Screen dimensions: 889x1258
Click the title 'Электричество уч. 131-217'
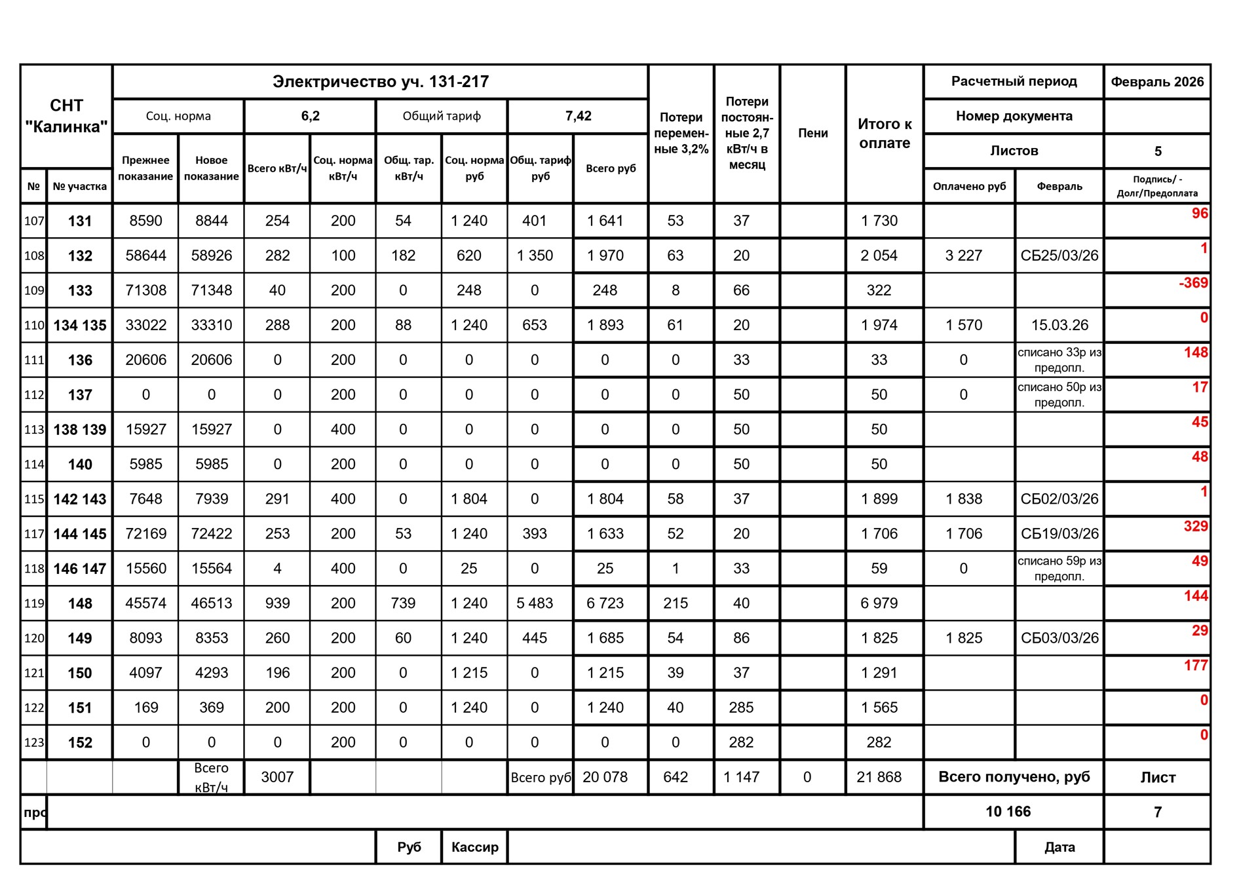380,82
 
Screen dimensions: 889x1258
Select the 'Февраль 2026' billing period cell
1157,82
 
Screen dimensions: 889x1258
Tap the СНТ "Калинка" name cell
66,116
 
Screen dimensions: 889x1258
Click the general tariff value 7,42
578,116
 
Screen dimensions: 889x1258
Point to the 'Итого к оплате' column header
885,134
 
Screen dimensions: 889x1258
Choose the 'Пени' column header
812,133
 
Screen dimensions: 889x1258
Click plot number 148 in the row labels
80,603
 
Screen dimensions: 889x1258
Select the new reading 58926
211,255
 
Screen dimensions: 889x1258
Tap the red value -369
1192,283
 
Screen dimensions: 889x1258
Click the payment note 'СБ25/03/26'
1059,255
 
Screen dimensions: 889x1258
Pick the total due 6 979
879,603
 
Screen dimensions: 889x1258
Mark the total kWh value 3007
277,777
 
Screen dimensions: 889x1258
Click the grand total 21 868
879,777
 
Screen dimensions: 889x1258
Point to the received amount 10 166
1008,812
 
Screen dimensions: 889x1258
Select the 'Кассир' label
474,847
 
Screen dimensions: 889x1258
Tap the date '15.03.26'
1059,325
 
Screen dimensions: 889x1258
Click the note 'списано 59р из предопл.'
1059,569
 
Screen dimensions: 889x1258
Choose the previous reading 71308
145,290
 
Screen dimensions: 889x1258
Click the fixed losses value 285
741,708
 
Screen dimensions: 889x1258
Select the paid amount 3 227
963,255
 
